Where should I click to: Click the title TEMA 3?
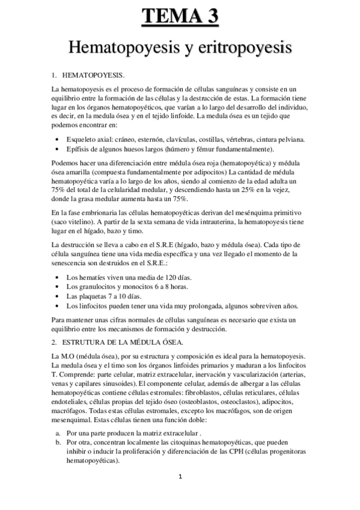click(x=180, y=16)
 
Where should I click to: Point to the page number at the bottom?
click(x=180, y=477)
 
